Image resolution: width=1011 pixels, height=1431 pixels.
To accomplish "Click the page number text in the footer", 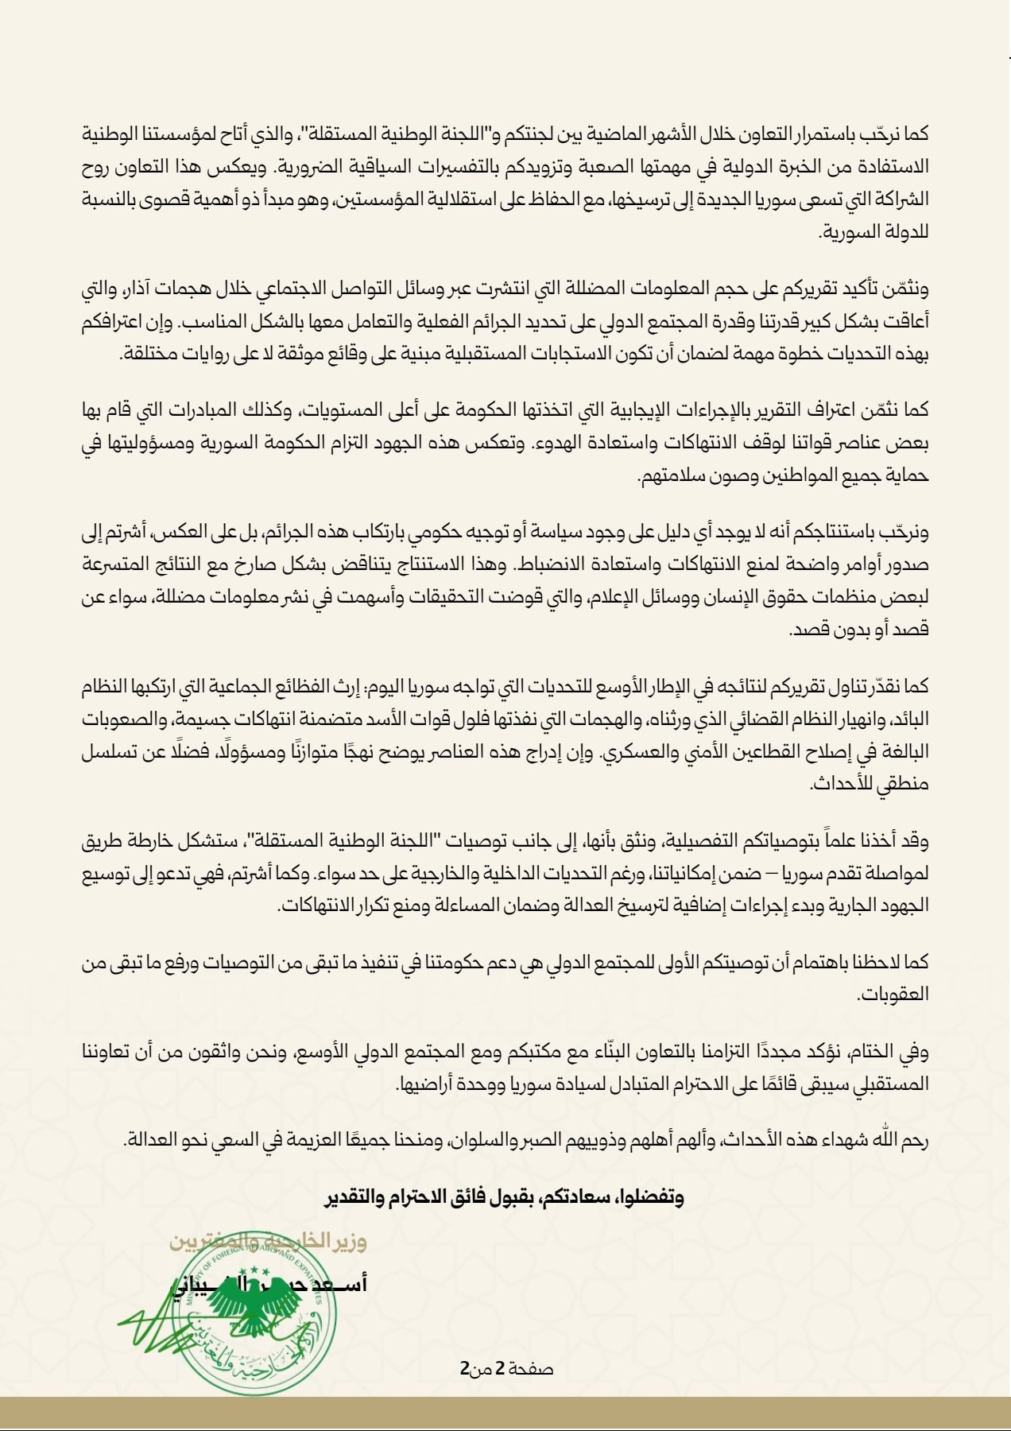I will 506,1368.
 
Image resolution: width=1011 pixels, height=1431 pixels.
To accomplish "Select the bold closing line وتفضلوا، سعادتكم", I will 505,1196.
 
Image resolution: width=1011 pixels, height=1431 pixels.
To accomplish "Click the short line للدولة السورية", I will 873,232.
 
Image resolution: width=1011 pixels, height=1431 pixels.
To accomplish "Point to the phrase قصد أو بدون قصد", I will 859,630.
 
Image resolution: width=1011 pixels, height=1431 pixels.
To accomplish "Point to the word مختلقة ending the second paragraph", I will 150,353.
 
